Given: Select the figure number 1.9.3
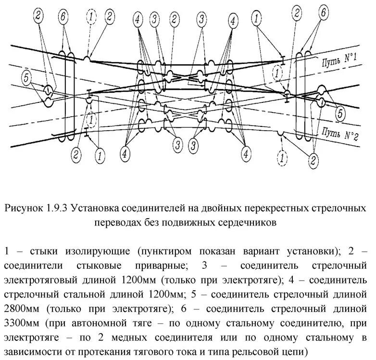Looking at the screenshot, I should pos(58,209).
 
